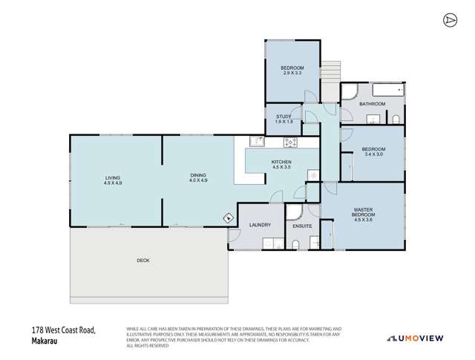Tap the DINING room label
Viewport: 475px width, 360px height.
[197, 176]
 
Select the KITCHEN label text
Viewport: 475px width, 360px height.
[281, 162]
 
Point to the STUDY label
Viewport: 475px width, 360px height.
[284, 117]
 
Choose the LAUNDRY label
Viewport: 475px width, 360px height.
[260, 225]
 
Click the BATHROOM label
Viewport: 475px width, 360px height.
[373, 104]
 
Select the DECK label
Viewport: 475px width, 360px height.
[143, 261]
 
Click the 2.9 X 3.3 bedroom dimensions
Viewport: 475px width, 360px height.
[292, 73]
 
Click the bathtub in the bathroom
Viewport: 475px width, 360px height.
[387, 91]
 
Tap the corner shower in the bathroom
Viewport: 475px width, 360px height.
[350, 92]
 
